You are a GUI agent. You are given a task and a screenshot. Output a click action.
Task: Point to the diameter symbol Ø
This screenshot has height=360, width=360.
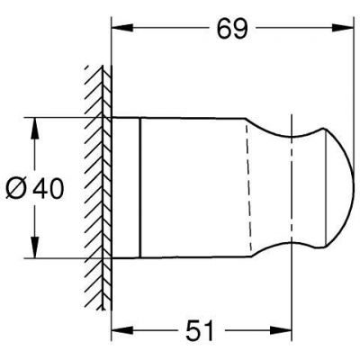click(x=21, y=189)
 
